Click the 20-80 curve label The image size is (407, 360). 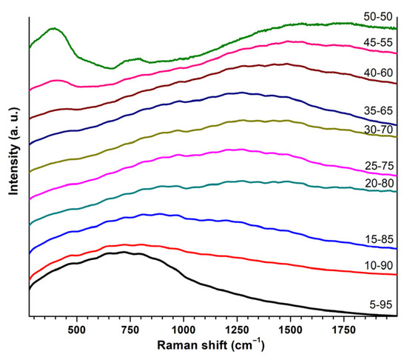point(377,184)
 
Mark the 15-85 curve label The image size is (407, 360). point(377,238)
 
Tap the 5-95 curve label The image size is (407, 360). point(380,302)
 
